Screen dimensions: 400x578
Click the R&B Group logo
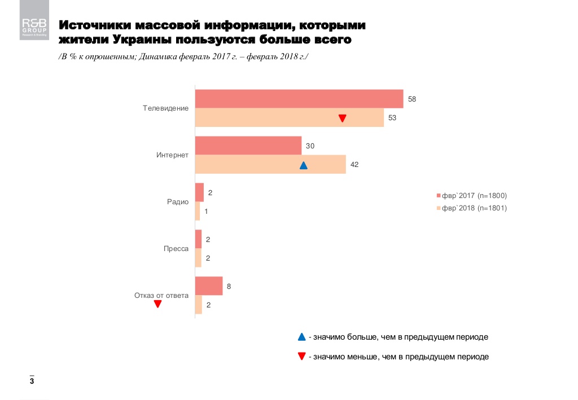coord(34,27)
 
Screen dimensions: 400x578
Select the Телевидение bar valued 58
coord(299,99)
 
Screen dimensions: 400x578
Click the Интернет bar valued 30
coord(248,146)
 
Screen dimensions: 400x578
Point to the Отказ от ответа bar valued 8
coord(208,286)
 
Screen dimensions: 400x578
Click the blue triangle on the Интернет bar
coord(303,165)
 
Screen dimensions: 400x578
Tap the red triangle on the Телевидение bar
coord(342,118)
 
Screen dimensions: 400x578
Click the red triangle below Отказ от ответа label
coord(158,305)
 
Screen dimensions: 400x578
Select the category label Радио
coord(177,201)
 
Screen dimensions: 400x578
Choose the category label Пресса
coord(176,248)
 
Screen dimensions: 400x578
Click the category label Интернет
coord(172,155)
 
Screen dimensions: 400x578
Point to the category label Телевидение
coord(165,108)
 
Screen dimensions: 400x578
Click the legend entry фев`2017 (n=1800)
coord(474,196)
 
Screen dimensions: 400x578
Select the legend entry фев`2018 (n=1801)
coord(474,208)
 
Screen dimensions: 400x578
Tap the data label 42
coord(354,165)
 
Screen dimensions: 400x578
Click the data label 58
coord(412,99)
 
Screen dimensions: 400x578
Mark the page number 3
coord(32,383)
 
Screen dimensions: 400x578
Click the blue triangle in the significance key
coord(301,337)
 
